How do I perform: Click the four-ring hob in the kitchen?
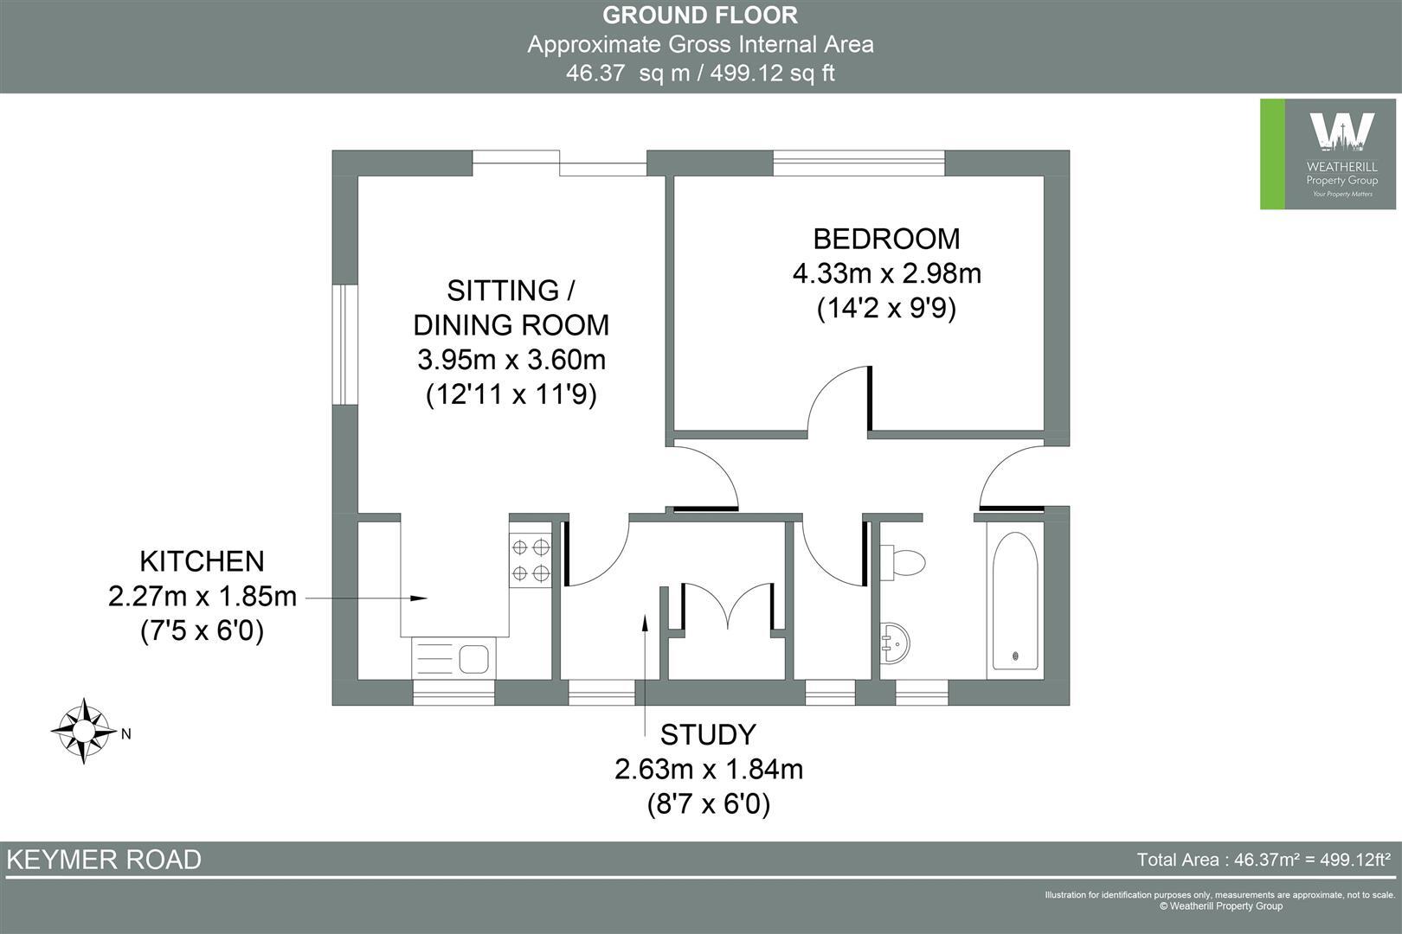click(531, 560)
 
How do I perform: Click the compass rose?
click(83, 732)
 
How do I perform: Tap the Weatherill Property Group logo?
click(1330, 154)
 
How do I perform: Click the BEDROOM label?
click(886, 238)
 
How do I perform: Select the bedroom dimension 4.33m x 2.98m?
click(886, 273)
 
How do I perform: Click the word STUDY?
click(708, 734)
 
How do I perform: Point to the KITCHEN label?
click(202, 561)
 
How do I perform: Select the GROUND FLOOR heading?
click(699, 15)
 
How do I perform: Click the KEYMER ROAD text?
click(104, 860)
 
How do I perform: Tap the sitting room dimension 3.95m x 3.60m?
click(511, 359)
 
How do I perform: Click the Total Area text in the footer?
click(1263, 860)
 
